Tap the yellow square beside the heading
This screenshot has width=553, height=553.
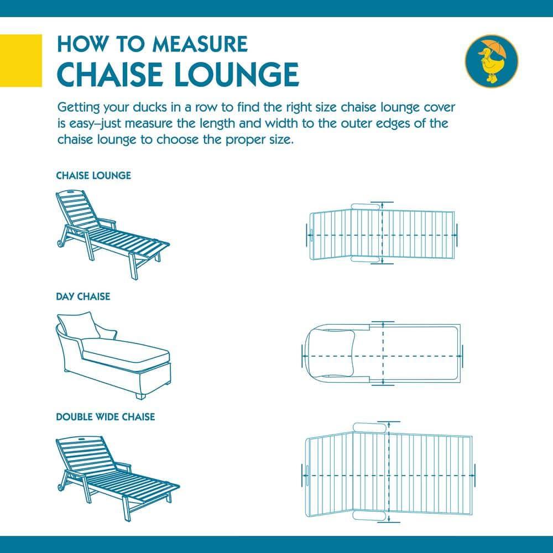pos(21,60)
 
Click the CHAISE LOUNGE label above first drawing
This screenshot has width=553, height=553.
pos(93,176)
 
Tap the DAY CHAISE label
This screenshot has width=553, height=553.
pos(83,296)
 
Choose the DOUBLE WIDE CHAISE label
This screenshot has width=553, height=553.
pos(105,416)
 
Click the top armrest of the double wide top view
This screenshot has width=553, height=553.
pos(369,428)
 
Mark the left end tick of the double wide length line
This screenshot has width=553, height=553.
pos(305,474)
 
